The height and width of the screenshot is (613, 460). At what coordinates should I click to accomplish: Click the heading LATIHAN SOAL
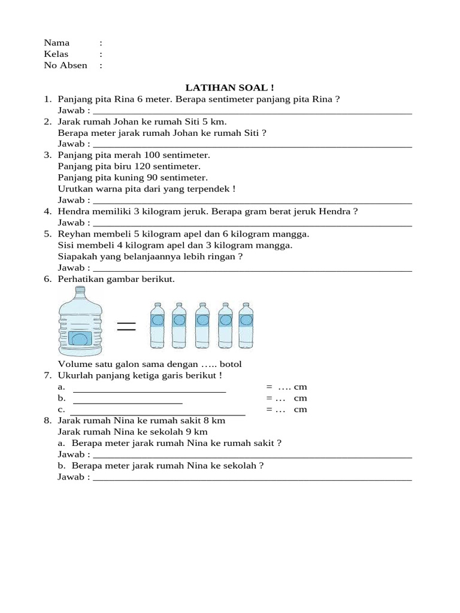[230, 87]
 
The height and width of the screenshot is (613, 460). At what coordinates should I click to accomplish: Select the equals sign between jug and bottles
[126, 326]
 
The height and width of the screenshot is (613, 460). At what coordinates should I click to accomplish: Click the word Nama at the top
[57, 43]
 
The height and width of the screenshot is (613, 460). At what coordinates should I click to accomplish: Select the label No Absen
[65, 65]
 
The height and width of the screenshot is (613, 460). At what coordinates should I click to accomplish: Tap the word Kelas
[56, 54]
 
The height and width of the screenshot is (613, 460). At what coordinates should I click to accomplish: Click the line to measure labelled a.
[149, 392]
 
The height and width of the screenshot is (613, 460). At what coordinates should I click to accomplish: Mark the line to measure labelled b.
[128, 403]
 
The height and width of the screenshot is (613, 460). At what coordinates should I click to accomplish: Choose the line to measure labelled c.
[158, 414]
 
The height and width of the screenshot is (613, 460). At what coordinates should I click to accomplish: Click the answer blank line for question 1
[252, 113]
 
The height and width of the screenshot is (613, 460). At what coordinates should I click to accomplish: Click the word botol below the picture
[231, 364]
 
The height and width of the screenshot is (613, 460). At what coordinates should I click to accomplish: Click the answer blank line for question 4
[252, 225]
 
